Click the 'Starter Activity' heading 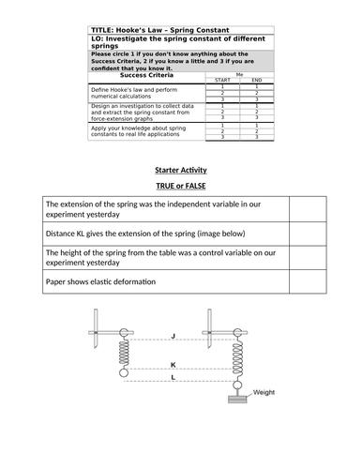[x=180, y=170]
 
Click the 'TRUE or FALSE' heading [x=180, y=188]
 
